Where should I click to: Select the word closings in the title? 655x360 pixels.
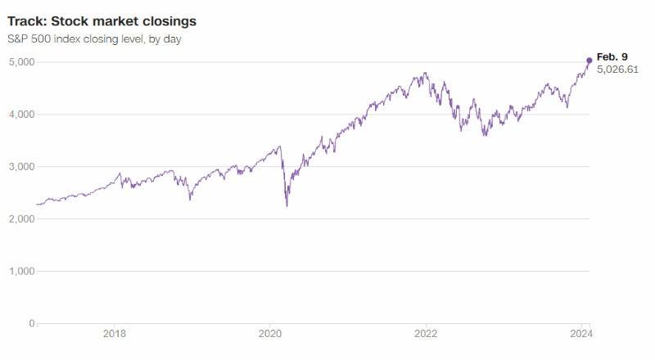click(167, 20)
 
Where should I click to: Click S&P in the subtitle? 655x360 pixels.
click(19, 39)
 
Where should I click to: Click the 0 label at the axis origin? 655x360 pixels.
click(32, 324)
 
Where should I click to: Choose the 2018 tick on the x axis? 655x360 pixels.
click(115, 334)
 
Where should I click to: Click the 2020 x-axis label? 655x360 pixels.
click(270, 334)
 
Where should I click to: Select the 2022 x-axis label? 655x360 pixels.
click(426, 334)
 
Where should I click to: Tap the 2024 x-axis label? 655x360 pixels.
click(581, 334)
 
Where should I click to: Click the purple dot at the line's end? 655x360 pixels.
click(589, 61)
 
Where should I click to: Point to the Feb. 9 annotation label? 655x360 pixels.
click(612, 56)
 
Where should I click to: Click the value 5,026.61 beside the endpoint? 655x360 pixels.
click(618, 70)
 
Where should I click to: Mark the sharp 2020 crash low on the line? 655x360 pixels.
click(287, 205)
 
